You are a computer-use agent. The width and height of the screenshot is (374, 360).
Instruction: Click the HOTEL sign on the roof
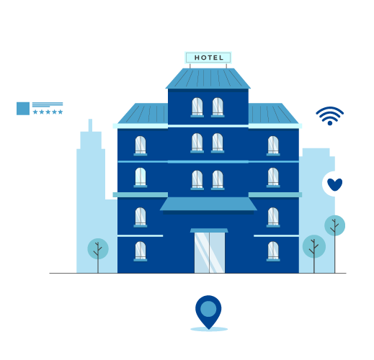pyautogui.click(x=208, y=58)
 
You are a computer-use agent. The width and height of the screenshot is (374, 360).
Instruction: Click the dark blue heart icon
pyautogui.click(x=334, y=184)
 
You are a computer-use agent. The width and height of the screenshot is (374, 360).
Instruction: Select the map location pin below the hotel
pyautogui.click(x=208, y=312)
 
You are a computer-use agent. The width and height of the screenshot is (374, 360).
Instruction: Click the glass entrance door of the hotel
pyautogui.click(x=210, y=253)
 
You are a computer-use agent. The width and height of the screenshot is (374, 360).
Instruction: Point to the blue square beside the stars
pyautogui.click(x=23, y=109)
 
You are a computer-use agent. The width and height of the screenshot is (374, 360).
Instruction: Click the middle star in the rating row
pyautogui.click(x=48, y=112)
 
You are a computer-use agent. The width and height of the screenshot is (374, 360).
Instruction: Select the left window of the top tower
pyautogui.click(x=197, y=107)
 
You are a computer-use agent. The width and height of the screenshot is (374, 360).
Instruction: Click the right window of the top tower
pyautogui.click(x=218, y=107)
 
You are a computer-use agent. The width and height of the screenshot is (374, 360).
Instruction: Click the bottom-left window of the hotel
pyautogui.click(x=141, y=251)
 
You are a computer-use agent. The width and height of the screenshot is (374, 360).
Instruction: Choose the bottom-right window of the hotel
pyautogui.click(x=273, y=251)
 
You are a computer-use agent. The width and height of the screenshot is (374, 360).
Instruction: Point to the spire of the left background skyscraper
pyautogui.click(x=90, y=125)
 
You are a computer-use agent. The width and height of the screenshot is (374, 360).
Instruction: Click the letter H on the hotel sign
pyautogui.click(x=197, y=58)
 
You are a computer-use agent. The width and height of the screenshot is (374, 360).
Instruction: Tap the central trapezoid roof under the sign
pyautogui.click(x=208, y=78)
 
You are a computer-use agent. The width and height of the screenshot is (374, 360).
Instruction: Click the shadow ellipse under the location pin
pyautogui.click(x=209, y=329)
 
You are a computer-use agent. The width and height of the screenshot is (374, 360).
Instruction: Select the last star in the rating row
pyautogui.click(x=61, y=112)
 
